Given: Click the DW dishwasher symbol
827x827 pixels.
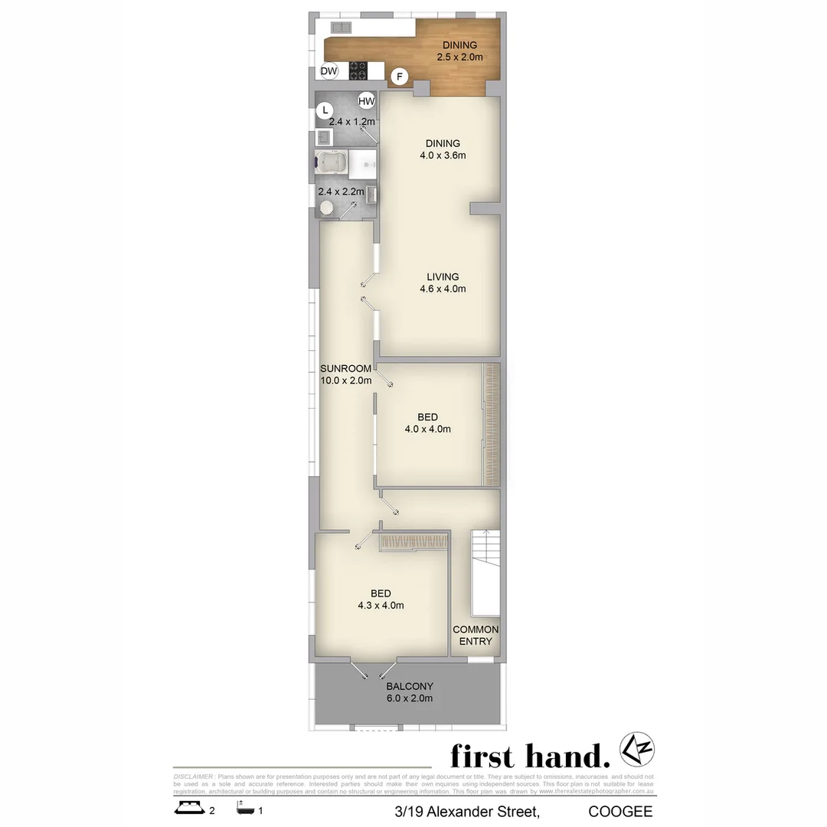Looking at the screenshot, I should [x=329, y=71].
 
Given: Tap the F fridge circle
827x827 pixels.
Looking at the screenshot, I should [x=399, y=77].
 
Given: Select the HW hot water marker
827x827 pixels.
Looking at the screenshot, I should [x=366, y=101].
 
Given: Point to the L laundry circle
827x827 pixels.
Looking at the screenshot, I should [x=325, y=110].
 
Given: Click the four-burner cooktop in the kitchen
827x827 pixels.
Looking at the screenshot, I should [x=358, y=70].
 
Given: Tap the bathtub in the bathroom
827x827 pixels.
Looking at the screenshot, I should [x=331, y=163].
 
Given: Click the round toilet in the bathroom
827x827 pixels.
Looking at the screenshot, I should [x=327, y=208].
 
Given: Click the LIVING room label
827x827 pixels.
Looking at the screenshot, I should [x=443, y=276].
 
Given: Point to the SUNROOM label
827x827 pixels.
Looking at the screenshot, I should [x=345, y=368].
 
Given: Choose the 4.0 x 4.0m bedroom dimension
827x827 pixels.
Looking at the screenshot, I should [x=427, y=430].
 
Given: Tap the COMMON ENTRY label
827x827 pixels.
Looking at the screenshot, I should [x=476, y=635].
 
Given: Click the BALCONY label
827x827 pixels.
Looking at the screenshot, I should [x=410, y=686].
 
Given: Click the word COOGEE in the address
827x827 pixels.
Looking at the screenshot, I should [x=620, y=811].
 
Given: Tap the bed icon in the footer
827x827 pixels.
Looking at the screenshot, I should [x=188, y=809].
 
